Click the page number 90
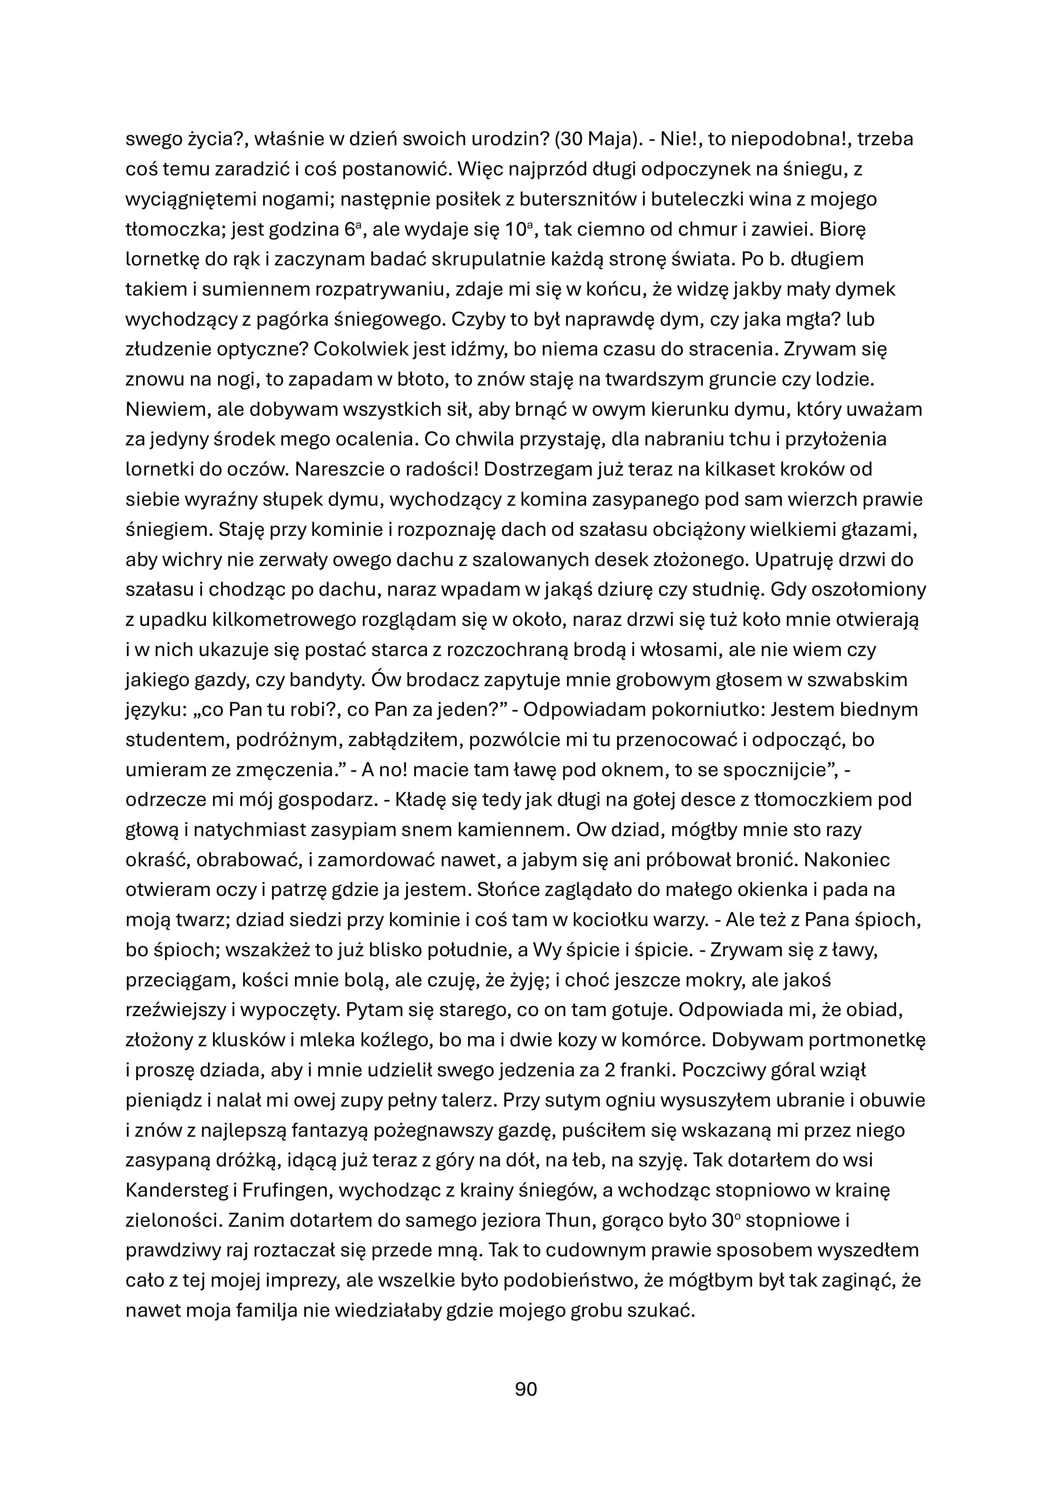[525, 1389]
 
